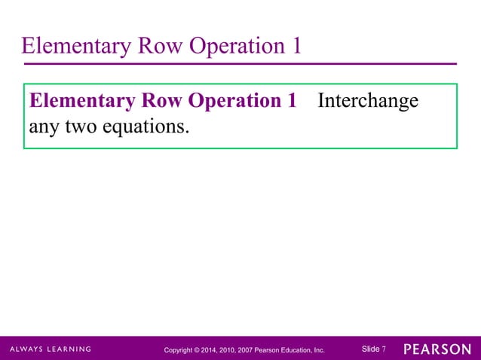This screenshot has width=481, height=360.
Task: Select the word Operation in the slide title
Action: click(237, 47)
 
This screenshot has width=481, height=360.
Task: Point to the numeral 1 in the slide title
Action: click(296, 47)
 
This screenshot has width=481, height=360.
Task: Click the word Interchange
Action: click(368, 101)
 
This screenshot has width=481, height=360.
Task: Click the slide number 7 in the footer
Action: click(384, 349)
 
